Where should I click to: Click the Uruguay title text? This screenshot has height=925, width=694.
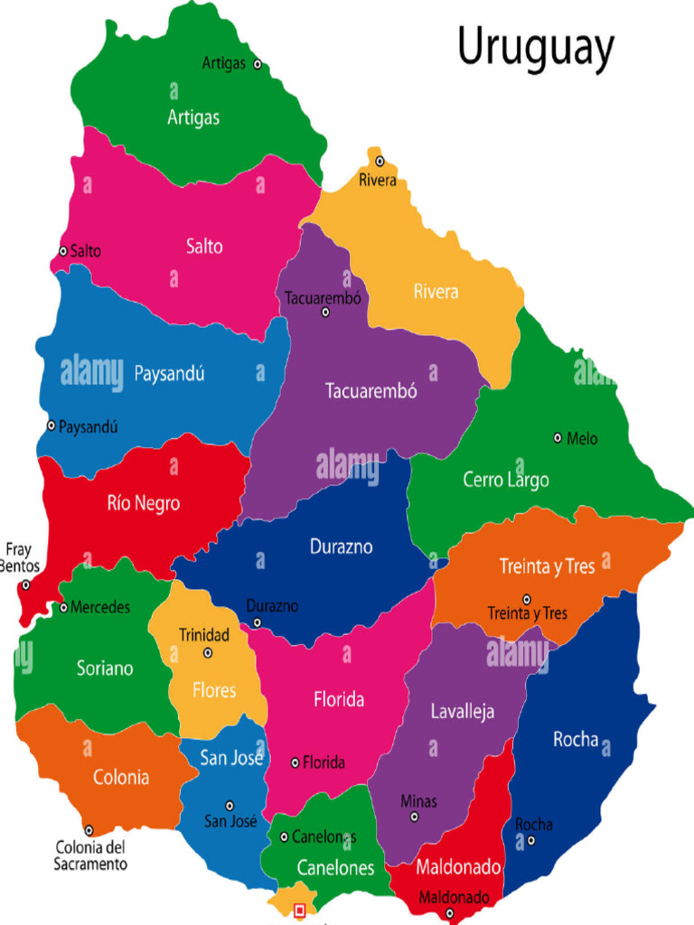535,48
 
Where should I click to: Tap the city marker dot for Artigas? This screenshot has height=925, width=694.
258,64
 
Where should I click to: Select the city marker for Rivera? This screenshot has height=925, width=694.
380,162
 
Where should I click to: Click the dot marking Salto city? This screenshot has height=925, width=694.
63,251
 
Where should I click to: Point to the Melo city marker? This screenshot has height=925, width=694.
558,438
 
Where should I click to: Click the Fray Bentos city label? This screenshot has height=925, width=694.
18,557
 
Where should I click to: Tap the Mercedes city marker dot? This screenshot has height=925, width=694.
63,607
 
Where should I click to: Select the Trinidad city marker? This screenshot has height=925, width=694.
208,652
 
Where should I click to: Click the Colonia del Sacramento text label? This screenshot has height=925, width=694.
89,855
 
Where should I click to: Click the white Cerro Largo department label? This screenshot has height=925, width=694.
506,480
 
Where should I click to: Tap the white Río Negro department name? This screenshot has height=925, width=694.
144,503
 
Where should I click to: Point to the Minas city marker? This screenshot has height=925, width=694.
415,817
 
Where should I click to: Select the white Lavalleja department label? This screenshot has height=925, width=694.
462,712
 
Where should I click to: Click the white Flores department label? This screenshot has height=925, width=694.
214,691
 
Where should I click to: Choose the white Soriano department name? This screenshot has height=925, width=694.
105,668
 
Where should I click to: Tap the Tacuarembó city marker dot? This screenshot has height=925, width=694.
325,313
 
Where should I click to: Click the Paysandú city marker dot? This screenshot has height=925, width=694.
52,425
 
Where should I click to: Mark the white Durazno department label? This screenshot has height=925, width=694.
341,547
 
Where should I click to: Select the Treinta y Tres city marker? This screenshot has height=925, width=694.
527,599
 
